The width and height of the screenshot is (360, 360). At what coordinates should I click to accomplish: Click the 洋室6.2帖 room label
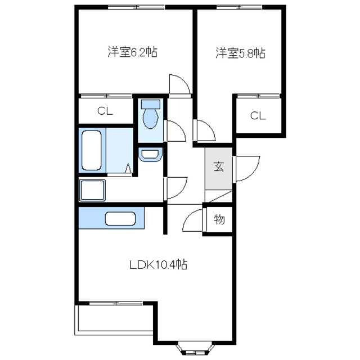(x=133, y=53)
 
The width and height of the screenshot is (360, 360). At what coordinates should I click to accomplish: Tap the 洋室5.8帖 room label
(x=240, y=53)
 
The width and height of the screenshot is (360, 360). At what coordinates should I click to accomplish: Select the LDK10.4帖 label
(x=159, y=264)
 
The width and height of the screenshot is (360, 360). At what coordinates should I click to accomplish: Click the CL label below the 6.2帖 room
(x=105, y=111)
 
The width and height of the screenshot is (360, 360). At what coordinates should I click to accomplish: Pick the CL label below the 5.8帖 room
(x=258, y=116)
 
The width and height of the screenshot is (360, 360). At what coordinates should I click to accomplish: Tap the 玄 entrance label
(x=218, y=166)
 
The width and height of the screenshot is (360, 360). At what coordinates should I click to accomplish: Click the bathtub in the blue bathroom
(x=91, y=150)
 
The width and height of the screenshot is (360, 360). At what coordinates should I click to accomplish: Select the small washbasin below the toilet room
(x=149, y=154)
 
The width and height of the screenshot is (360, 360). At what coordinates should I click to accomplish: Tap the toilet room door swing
(x=174, y=131)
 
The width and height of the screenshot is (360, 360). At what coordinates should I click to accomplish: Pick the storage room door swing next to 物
(x=194, y=219)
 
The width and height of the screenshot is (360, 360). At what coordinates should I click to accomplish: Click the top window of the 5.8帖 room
(x=240, y=7)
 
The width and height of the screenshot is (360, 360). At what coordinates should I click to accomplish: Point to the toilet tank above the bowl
(x=150, y=103)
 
